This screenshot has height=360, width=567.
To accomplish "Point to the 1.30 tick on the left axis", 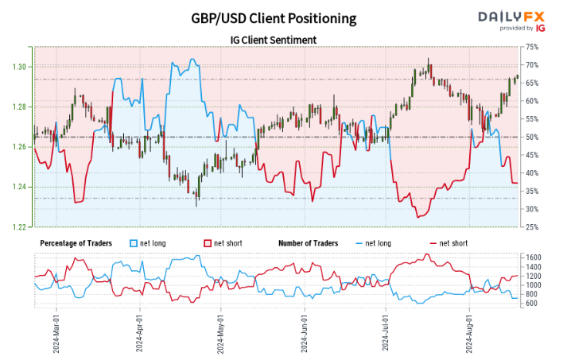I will [21, 67].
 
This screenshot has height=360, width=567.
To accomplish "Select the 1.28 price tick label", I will [21, 106].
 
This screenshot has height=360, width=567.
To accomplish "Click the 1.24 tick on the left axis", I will [21, 187].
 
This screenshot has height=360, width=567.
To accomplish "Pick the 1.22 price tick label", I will [21, 227].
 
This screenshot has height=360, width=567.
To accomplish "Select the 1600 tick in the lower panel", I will [534, 257].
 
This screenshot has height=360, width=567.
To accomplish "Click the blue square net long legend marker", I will [133, 242].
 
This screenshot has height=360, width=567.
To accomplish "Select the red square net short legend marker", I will [208, 242].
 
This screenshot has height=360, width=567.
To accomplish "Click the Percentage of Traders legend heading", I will [76, 242].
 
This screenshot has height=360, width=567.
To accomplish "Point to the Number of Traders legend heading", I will [308, 242].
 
